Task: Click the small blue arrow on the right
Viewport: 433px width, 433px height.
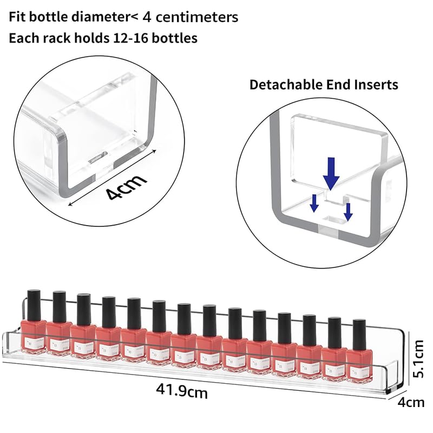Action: [x=348, y=211]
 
